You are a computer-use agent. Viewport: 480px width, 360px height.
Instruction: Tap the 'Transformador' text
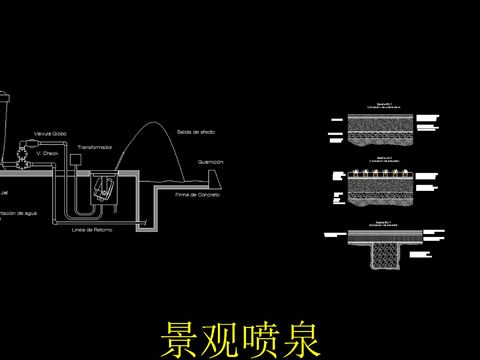point(95,147)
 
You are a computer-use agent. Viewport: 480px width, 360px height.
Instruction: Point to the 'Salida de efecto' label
point(195,132)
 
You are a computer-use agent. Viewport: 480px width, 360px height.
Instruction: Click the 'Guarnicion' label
point(210,161)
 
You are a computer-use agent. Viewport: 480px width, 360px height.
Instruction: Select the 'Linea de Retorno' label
point(92,229)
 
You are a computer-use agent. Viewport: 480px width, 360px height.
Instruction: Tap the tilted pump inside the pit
point(102,188)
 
